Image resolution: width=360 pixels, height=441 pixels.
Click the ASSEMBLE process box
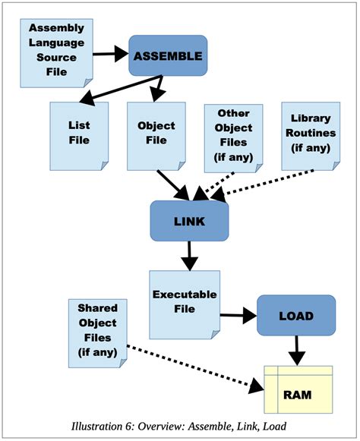(x=167, y=55)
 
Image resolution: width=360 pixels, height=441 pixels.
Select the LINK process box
(x=189, y=219)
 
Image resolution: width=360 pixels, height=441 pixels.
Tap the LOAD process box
(x=295, y=314)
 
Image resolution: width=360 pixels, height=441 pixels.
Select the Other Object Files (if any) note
(x=233, y=135)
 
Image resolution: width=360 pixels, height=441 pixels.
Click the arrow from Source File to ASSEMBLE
(x=110, y=54)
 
